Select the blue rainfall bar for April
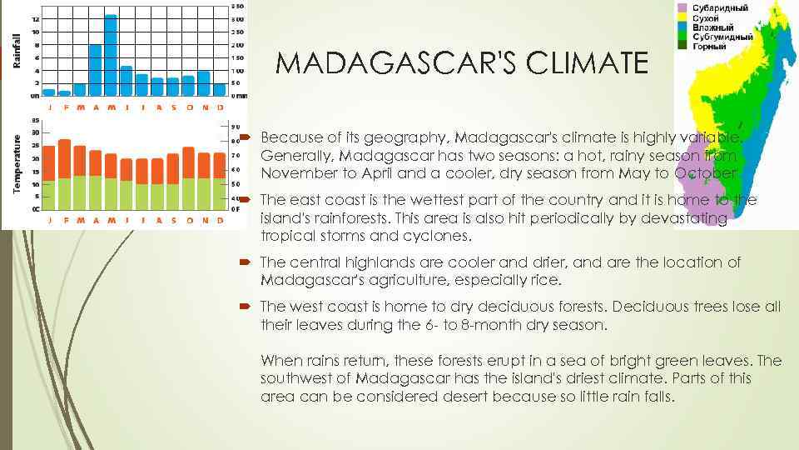pos(95,70)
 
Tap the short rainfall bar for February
pos(64,92)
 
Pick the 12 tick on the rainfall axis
pos(34,19)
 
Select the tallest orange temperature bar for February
pos(64,158)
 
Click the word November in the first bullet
pos(298,173)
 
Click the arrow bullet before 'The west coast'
pos(246,307)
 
